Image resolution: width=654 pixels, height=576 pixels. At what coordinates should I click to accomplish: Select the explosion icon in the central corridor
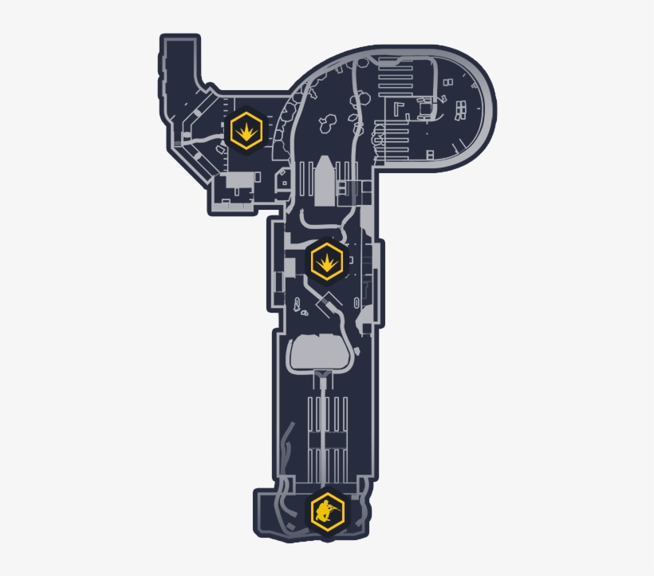pyautogui.click(x=326, y=260)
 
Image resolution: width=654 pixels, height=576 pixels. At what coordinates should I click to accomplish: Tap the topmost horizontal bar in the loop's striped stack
pyautogui.click(x=395, y=66)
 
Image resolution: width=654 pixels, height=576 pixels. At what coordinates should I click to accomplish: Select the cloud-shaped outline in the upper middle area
pyautogui.click(x=325, y=123)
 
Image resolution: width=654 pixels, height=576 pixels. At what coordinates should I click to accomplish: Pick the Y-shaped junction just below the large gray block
pyautogui.click(x=322, y=375)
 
